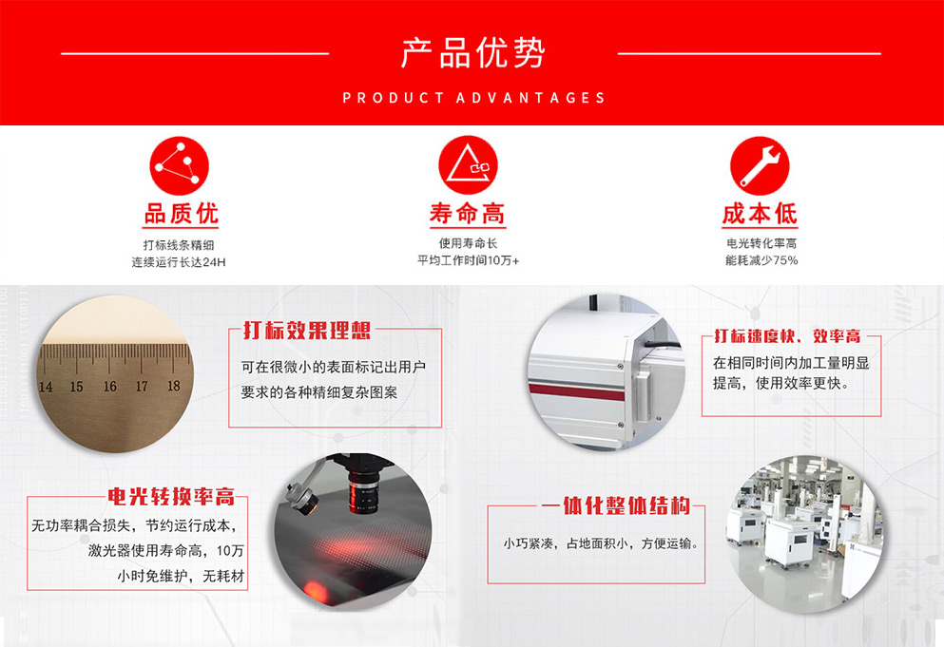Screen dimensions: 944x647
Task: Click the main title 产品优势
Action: pos(472,52)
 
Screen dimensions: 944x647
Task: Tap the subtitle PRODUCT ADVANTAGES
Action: pos(473,98)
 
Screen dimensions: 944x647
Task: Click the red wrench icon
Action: pos(760,166)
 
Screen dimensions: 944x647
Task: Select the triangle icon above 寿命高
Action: pos(468,165)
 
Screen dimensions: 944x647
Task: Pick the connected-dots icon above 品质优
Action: pos(179,166)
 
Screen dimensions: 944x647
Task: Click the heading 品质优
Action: pos(181,214)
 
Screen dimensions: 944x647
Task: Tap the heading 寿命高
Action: pos(468,214)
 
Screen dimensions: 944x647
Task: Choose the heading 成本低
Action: pos(760,214)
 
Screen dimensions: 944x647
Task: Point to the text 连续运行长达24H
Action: pos(179,262)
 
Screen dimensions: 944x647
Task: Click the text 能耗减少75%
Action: pos(761,260)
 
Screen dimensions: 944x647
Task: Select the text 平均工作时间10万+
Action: pos(469,260)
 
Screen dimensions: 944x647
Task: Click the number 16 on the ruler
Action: pos(109,387)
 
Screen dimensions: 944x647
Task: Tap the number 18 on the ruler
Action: pos(173,385)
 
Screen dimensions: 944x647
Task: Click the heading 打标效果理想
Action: pos(307,331)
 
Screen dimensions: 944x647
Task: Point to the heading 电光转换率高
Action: pos(171,497)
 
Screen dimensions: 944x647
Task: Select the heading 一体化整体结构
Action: pos(615,505)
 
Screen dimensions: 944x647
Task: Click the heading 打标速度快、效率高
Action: pos(787,335)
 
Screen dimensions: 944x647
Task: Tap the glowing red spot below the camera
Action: pos(315,589)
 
